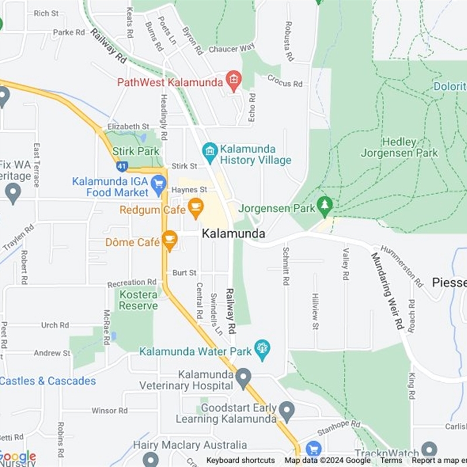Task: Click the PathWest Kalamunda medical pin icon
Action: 234,81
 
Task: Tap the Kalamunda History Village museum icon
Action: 210,152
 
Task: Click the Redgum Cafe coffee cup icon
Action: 196,206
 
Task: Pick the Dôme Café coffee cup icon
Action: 170,239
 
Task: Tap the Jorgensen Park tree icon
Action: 325,205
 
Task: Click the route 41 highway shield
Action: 121,166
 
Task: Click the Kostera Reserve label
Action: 138,300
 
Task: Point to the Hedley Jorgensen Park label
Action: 400,148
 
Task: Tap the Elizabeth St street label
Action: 128,126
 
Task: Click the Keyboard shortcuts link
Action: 241,461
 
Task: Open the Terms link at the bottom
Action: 391,461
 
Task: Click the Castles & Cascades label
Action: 48,381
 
